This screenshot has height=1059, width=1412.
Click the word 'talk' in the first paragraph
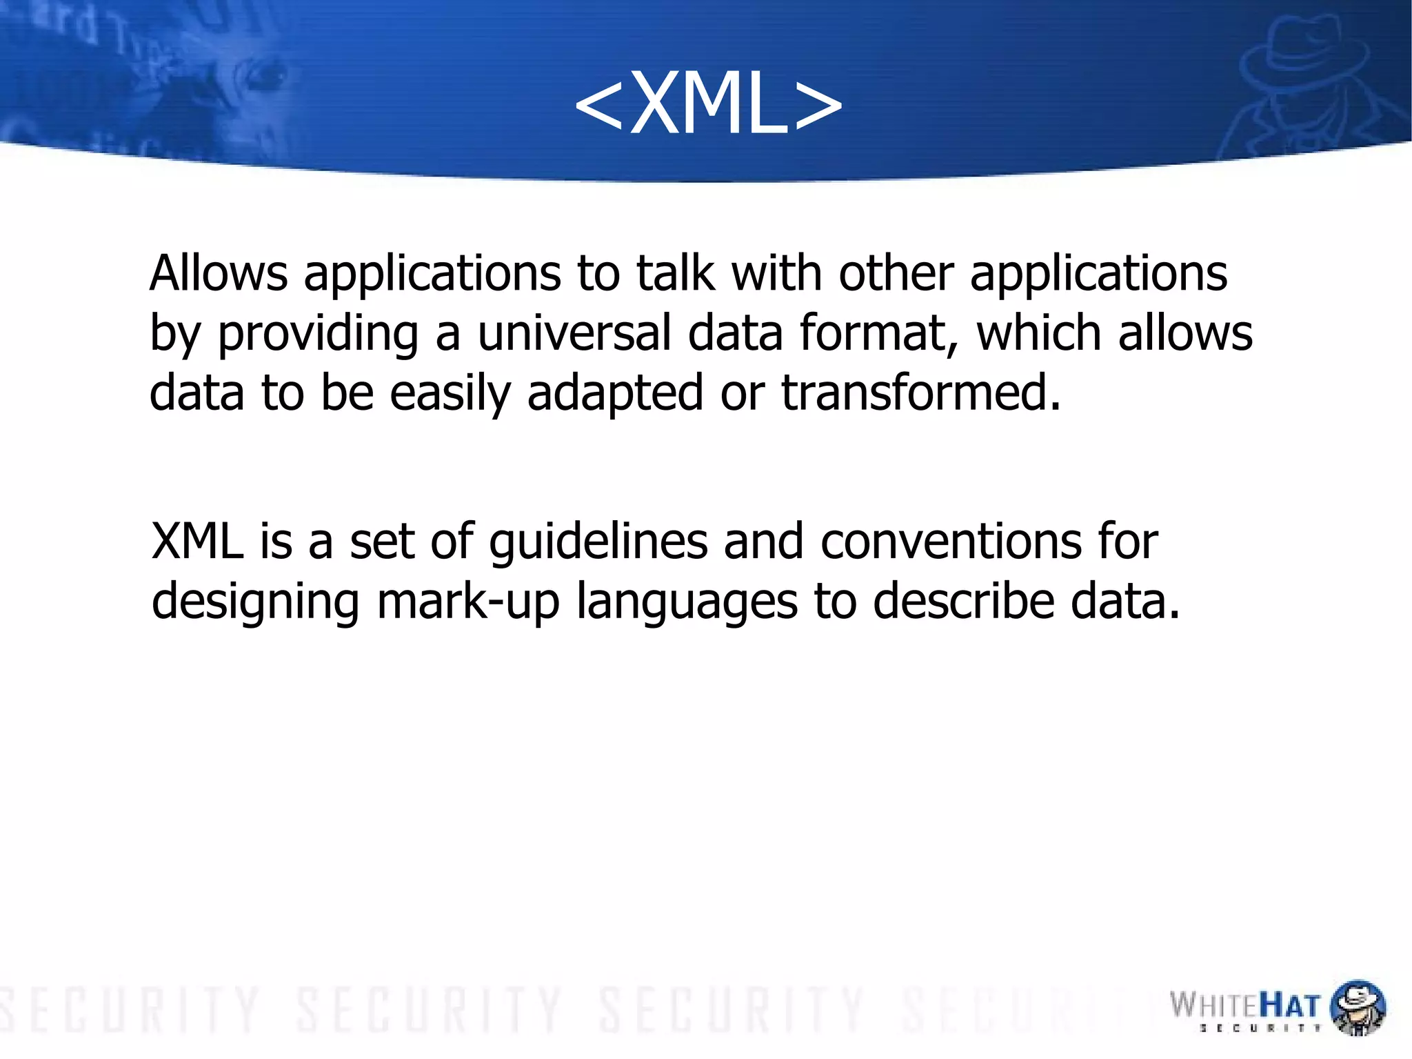(x=674, y=273)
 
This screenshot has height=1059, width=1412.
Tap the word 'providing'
(x=318, y=335)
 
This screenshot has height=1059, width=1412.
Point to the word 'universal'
(x=574, y=333)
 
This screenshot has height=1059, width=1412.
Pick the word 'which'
(x=1038, y=333)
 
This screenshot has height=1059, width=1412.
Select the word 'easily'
(x=450, y=394)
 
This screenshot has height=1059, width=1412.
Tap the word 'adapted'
(x=615, y=394)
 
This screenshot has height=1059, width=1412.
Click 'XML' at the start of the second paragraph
(x=197, y=541)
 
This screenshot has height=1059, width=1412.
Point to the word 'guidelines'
(x=598, y=542)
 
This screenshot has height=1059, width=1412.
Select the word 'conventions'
(x=951, y=541)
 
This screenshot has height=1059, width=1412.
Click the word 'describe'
(x=963, y=602)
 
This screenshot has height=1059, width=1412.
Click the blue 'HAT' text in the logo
(x=1290, y=1006)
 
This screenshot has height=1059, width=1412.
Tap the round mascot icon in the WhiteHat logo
(x=1357, y=1007)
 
